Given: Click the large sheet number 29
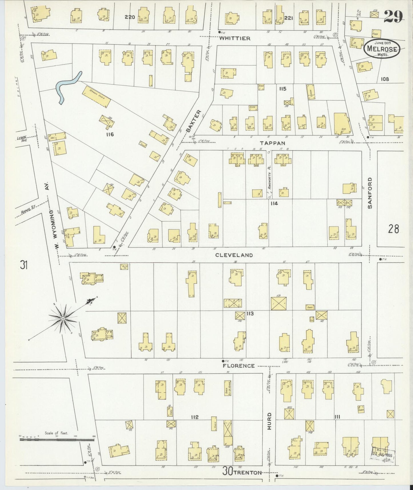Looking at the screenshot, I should point(393,16).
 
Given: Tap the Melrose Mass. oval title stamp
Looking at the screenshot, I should point(382,49).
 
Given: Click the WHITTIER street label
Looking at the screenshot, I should point(235,38).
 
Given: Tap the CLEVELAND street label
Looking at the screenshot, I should point(234,255).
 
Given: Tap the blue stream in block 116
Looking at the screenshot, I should point(67,87).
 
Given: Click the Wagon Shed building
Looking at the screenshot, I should point(97,97).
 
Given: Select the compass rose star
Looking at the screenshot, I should point(63,318).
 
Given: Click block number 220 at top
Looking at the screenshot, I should point(129,17).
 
